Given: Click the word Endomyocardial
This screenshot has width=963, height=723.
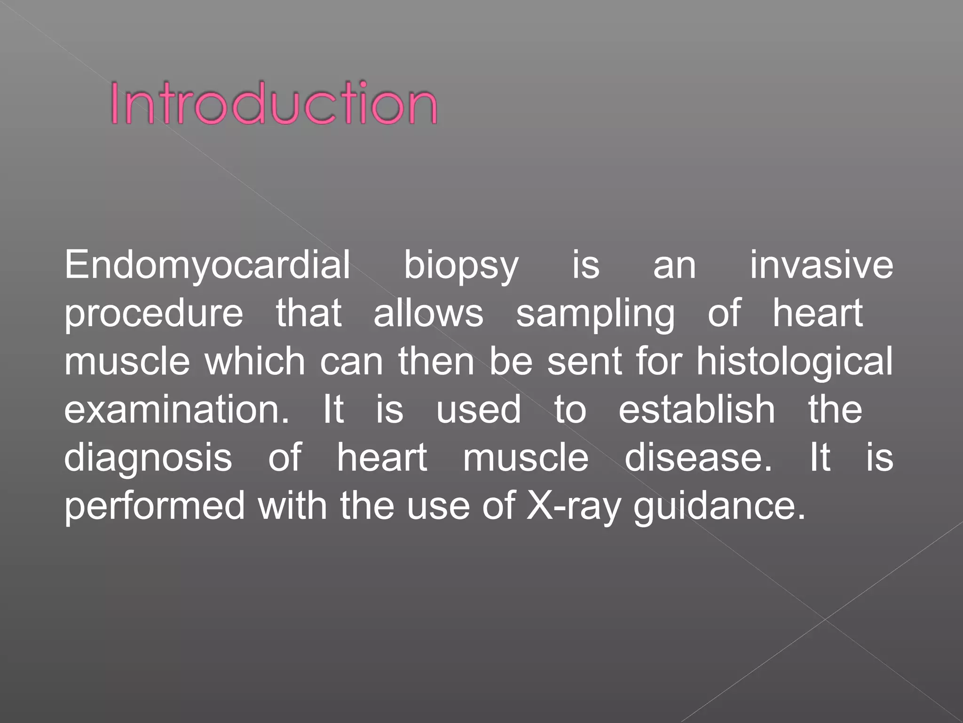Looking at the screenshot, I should (x=207, y=265).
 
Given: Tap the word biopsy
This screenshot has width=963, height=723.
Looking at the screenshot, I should (x=461, y=266).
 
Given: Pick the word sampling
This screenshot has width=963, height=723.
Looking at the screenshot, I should (x=595, y=314).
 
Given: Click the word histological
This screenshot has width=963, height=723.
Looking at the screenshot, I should (x=794, y=362).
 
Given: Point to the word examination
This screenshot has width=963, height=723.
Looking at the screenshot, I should (x=177, y=410).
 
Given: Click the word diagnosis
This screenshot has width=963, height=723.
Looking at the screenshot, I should (x=148, y=458).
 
